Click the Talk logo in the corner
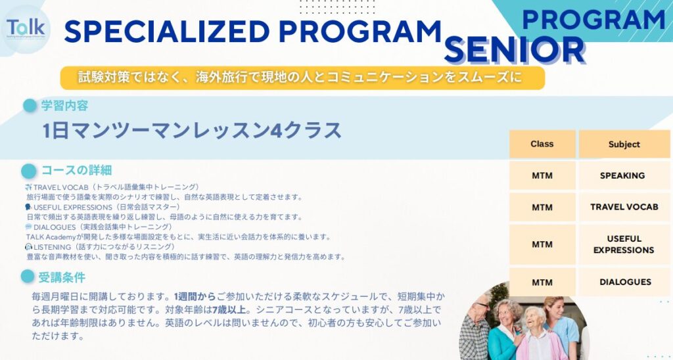26,28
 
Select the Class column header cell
542,144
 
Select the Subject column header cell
624,144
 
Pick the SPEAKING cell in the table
622,175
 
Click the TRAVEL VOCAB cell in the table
624,207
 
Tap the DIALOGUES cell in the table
625,282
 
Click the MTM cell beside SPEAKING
542,175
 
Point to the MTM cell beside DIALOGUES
542,282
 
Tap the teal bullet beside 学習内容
30,105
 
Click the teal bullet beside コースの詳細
29,171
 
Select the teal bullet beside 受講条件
28,277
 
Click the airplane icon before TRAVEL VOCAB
28,188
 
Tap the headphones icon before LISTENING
28,246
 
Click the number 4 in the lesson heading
277,130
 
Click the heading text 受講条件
62,277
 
